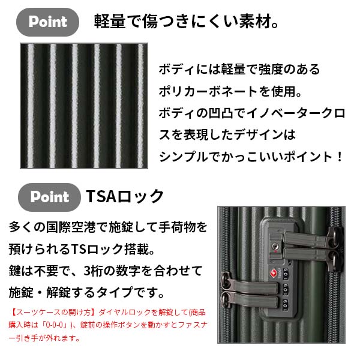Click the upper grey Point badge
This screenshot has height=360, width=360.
[49, 22]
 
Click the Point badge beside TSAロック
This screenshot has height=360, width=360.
[49, 197]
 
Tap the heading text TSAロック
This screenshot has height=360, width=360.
[125, 197]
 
